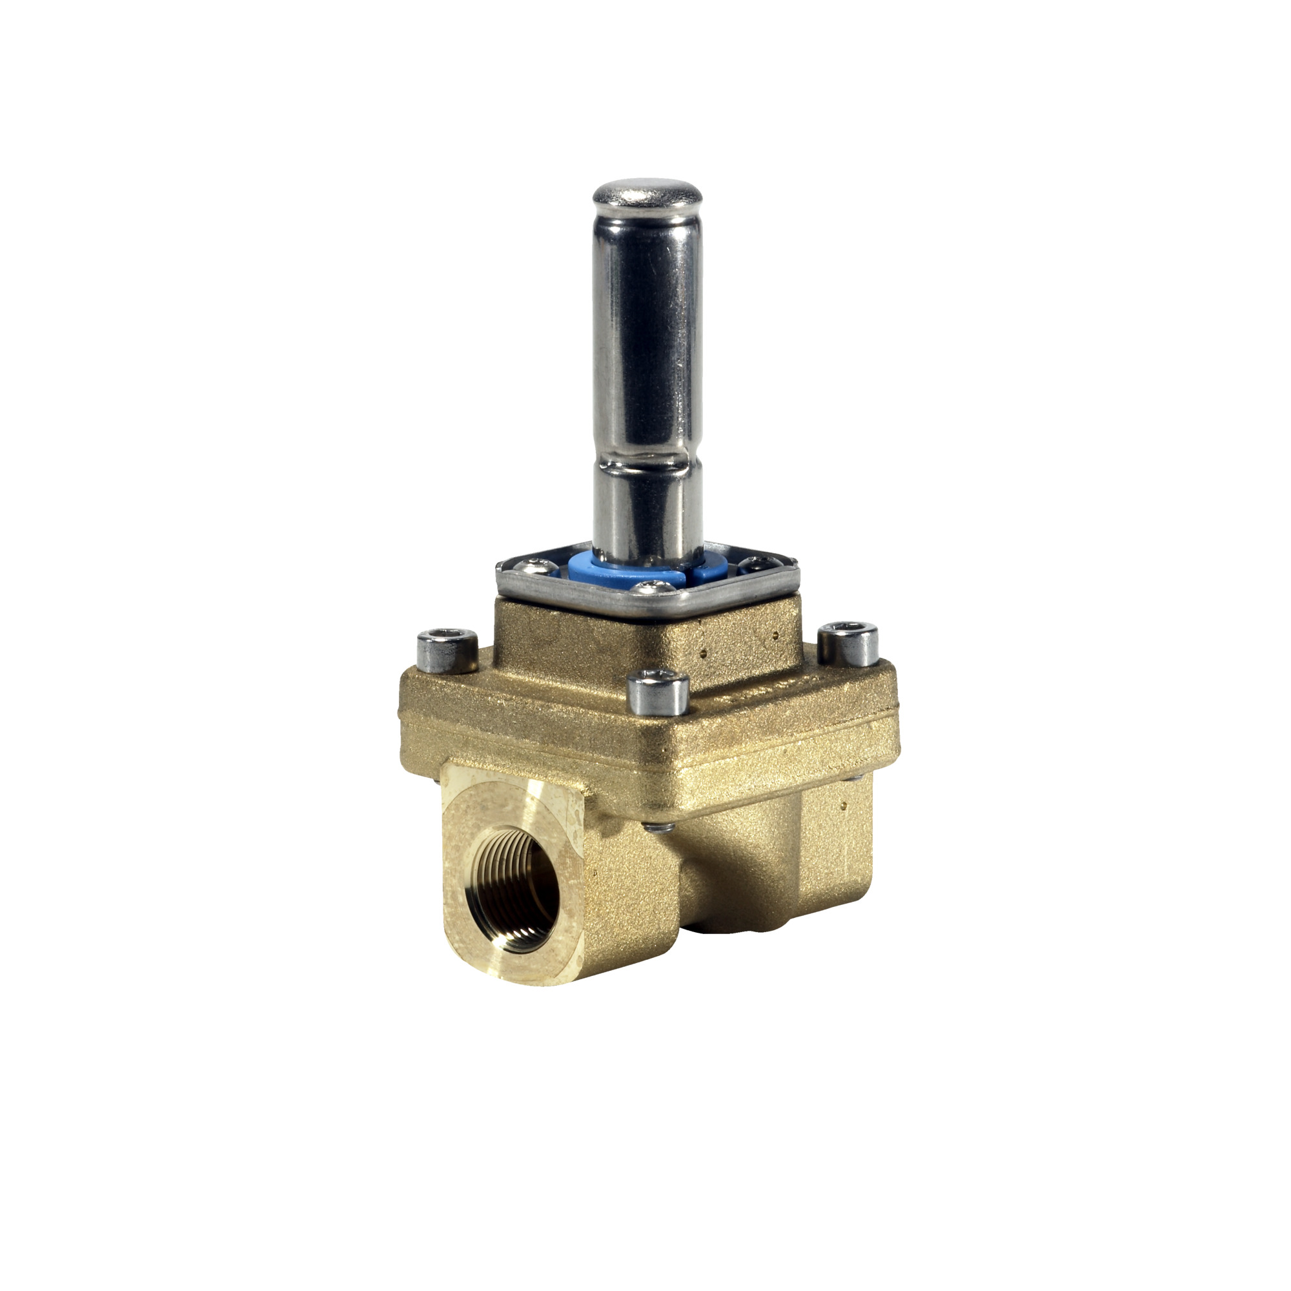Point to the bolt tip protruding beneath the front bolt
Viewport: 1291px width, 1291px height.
tap(658, 828)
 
